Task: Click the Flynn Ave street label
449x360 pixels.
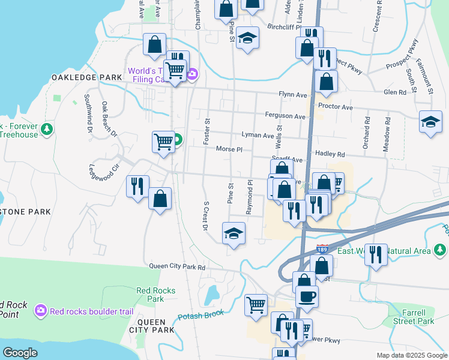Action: [292, 95]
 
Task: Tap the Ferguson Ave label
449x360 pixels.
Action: [285, 116]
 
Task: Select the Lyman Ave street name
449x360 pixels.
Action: [258, 136]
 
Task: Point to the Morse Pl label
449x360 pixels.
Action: [229, 149]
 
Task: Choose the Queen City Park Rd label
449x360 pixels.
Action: [177, 267]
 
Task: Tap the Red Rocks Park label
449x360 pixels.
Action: [155, 295]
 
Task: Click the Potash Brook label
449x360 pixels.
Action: [200, 315]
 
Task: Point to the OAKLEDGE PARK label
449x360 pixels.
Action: [86, 77]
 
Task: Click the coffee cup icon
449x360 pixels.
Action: [307, 296]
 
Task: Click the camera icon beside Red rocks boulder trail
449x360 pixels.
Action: [41, 310]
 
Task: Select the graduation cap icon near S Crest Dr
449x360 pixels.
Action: [234, 233]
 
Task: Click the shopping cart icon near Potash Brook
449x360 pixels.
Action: [256, 304]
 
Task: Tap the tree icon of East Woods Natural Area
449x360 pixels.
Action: [441, 250]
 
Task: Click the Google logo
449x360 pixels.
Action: [20, 352]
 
